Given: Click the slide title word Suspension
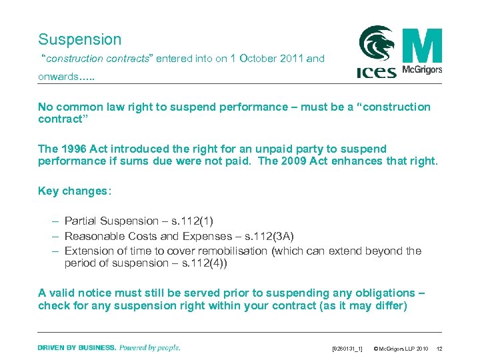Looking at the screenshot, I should (x=80, y=39).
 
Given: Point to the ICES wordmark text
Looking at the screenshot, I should (x=377, y=71).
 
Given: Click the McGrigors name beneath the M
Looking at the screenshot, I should (x=422, y=69).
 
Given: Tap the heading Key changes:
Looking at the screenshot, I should (x=75, y=191).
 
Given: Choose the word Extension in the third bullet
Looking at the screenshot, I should (x=89, y=251).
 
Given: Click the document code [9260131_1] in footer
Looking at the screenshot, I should (x=347, y=349).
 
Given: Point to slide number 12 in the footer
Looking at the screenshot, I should (x=439, y=349).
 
